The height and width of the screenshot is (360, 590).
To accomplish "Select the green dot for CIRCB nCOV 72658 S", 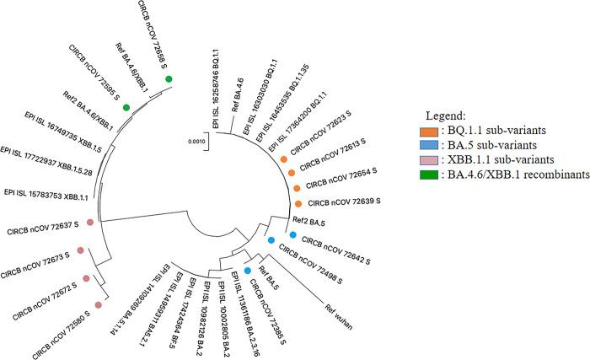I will coord(169,78).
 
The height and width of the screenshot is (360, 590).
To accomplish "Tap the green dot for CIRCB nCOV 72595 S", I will coord(126,107).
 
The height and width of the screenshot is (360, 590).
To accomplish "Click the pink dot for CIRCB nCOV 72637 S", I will coord(90,220).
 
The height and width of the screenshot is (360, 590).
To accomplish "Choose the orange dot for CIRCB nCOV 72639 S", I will coord(298,203).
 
